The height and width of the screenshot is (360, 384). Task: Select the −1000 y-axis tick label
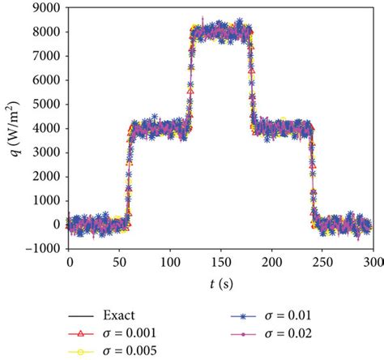point(41,248)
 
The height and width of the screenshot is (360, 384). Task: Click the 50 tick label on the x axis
point(120,262)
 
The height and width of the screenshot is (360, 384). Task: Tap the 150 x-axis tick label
point(220,262)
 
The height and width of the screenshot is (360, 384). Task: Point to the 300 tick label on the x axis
point(372,262)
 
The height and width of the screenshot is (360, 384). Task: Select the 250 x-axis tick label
point(322,262)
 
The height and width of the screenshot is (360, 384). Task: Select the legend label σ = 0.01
point(281,315)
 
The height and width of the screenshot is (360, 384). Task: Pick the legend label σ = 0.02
point(281,332)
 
